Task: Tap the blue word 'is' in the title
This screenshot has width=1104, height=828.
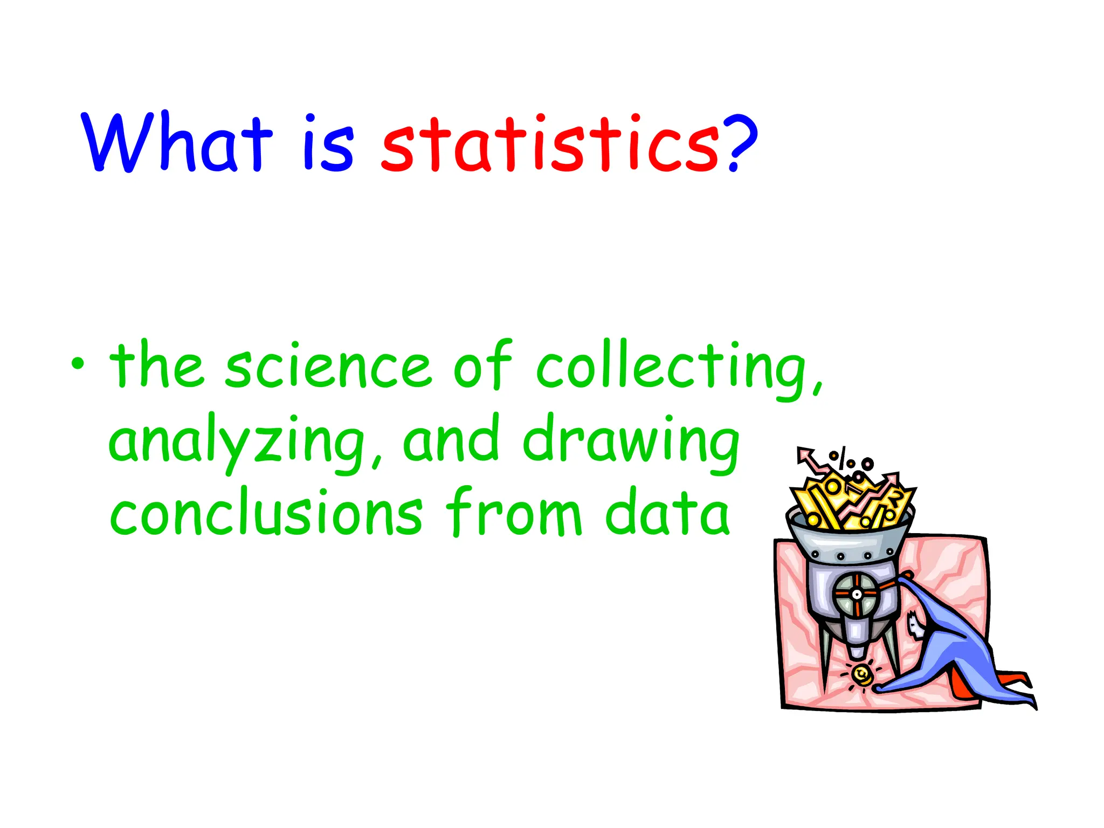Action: (329, 143)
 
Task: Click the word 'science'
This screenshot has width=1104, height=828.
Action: (328, 367)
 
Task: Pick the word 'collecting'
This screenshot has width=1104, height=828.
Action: (678, 369)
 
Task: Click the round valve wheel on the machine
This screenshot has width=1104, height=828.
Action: (856, 594)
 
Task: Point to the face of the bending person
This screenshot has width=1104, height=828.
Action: (915, 626)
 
